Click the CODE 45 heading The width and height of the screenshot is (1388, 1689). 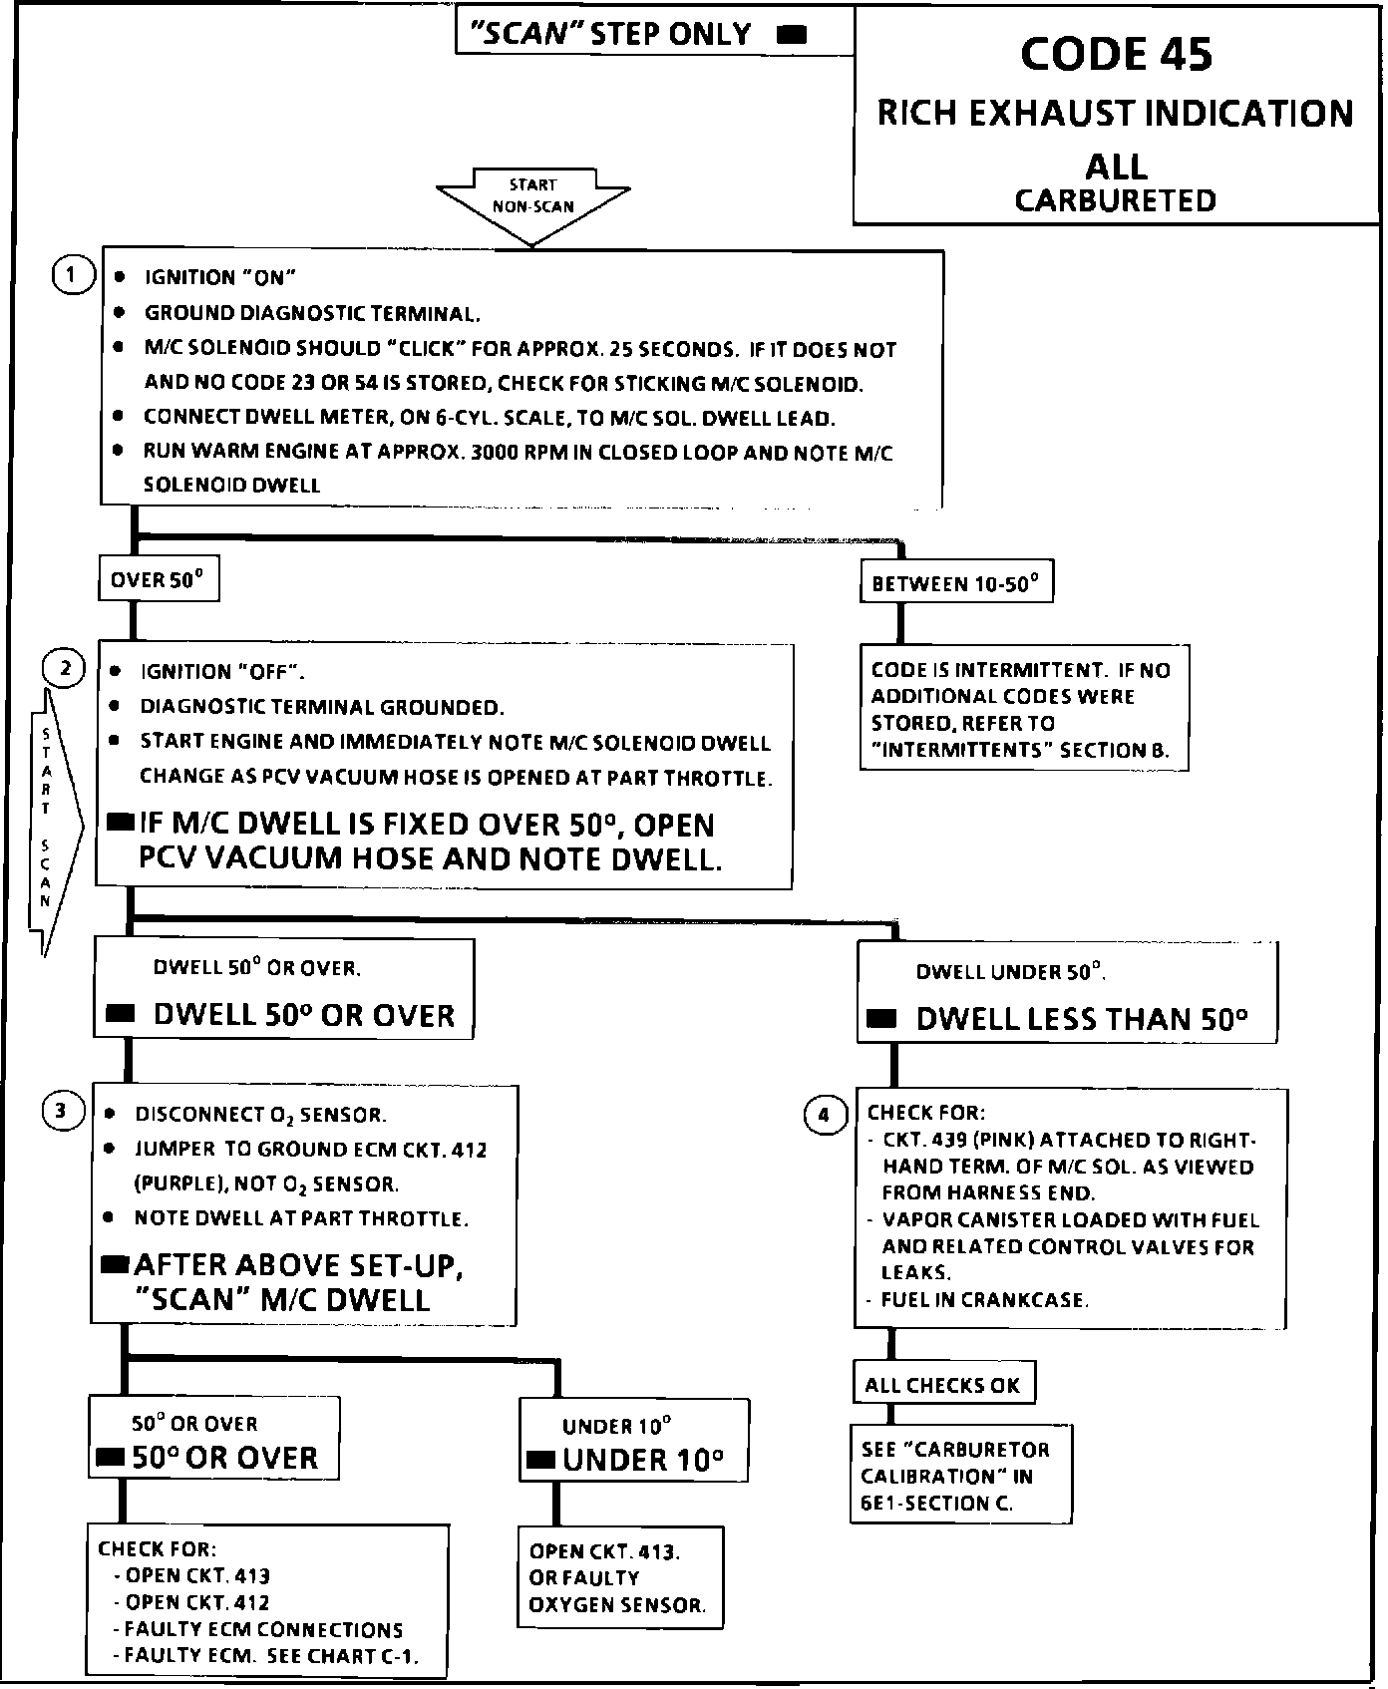[1116, 54]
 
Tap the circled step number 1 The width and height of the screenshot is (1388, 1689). [71, 275]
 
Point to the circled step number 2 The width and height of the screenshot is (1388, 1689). [65, 667]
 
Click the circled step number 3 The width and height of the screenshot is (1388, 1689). [62, 1110]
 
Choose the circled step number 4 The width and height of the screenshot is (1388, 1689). [824, 1115]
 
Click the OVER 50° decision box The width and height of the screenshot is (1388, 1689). [159, 580]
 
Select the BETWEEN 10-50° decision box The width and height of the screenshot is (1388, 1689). [955, 583]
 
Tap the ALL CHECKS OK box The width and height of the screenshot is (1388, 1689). [942, 1385]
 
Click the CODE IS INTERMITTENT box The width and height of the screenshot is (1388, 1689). [1023, 709]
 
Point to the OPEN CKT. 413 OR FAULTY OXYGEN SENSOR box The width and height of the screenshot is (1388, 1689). [619, 1577]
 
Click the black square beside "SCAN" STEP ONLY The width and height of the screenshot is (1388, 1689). [792, 36]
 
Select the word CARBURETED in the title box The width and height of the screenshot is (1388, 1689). [1115, 200]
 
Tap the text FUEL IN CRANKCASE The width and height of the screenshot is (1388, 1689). [984, 1299]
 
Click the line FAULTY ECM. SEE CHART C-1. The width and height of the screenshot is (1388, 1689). [267, 1656]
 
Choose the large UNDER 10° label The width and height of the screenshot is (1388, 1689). [642, 1461]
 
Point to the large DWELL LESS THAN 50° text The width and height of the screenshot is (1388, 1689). [1081, 1019]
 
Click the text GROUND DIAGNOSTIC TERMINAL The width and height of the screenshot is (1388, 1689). [312, 313]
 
